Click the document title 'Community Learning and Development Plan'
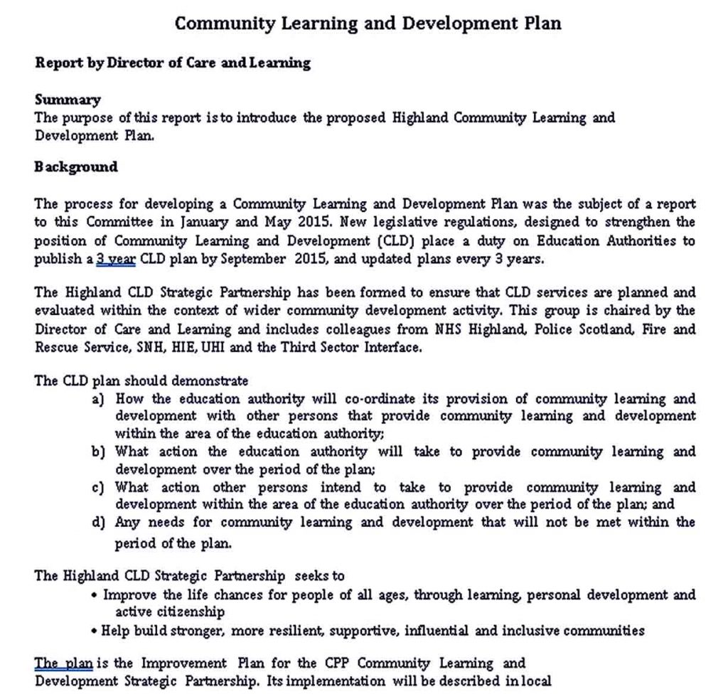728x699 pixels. (x=368, y=23)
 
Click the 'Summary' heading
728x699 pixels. (x=68, y=100)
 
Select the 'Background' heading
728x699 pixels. (x=76, y=167)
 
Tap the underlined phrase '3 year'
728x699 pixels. (x=115, y=259)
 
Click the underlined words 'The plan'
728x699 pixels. (x=63, y=663)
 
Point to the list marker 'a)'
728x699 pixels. (x=99, y=399)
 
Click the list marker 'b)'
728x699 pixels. (x=99, y=452)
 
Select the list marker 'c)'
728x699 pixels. (x=99, y=488)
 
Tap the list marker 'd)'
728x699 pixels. (x=99, y=523)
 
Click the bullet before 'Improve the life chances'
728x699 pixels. (x=95, y=594)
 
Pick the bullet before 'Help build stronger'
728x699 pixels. (x=95, y=631)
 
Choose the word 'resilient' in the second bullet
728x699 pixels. (x=293, y=631)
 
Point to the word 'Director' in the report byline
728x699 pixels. (x=136, y=63)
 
